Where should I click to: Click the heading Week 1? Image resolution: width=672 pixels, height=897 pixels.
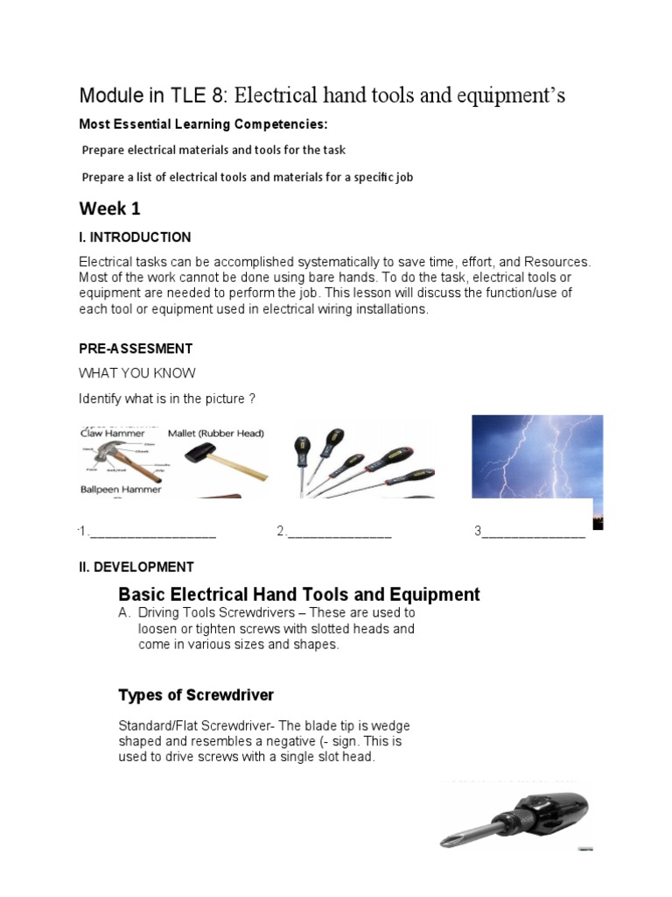click(x=109, y=208)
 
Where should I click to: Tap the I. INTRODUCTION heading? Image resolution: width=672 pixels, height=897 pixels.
click(x=135, y=237)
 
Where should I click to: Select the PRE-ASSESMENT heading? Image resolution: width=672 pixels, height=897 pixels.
click(x=136, y=349)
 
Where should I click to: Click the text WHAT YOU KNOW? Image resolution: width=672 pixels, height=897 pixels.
click(x=137, y=373)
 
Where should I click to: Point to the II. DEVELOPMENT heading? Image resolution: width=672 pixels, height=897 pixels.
click(x=136, y=567)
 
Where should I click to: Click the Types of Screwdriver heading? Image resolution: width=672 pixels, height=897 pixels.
click(x=196, y=695)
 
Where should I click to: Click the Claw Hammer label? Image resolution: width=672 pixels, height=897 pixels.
click(x=111, y=433)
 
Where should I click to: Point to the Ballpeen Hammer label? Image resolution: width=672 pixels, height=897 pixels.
click(x=121, y=490)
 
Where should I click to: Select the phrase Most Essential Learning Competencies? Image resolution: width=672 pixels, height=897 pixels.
click(x=203, y=124)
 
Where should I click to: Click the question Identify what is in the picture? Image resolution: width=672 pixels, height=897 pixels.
click(x=166, y=399)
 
